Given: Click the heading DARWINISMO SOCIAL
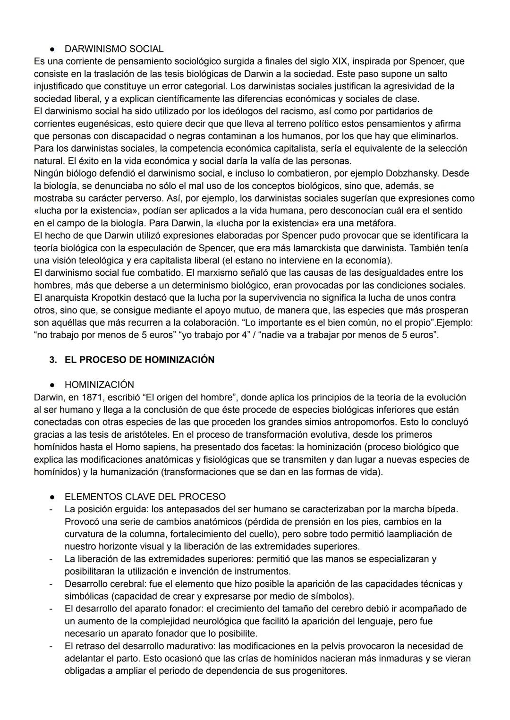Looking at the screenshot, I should click(114, 49).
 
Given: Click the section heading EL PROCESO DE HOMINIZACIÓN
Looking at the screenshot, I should click(139, 360).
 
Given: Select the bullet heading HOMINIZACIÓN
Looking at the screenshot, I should click(99, 385).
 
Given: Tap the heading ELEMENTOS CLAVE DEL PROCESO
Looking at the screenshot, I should click(145, 497).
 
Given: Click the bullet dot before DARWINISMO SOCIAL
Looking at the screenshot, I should click(53, 49).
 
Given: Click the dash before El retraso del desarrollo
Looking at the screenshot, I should click(50, 646).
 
